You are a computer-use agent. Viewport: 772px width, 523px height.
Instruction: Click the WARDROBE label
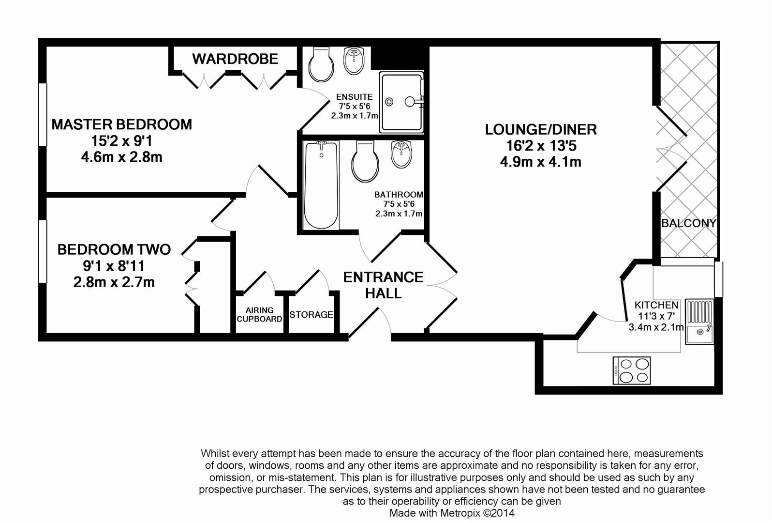(235, 59)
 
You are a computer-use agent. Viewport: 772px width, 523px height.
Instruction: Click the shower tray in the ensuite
(401, 102)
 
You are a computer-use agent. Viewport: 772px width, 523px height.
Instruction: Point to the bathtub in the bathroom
(321, 184)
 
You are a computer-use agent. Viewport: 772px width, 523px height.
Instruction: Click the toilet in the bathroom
(365, 162)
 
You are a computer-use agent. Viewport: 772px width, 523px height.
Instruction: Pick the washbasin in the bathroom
(401, 154)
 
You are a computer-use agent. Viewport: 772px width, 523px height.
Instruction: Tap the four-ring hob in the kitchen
(631, 370)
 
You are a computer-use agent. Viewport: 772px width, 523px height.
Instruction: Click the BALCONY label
(688, 223)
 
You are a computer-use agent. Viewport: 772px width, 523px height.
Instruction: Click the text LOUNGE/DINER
(541, 130)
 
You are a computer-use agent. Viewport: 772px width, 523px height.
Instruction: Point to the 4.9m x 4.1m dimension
(541, 162)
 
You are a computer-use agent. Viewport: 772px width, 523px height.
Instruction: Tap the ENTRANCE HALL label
(383, 285)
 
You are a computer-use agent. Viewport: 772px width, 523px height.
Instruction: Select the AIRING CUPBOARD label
(259, 315)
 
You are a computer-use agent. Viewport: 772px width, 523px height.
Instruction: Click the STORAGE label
(311, 315)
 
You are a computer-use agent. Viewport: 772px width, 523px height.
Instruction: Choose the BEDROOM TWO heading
(114, 249)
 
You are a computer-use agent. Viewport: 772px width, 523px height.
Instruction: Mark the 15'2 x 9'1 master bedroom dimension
(121, 141)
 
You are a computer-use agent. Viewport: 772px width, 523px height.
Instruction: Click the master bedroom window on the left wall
(43, 114)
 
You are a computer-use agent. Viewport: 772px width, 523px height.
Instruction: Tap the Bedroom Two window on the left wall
(43, 251)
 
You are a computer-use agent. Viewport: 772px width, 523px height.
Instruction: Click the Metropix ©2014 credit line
(452, 513)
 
